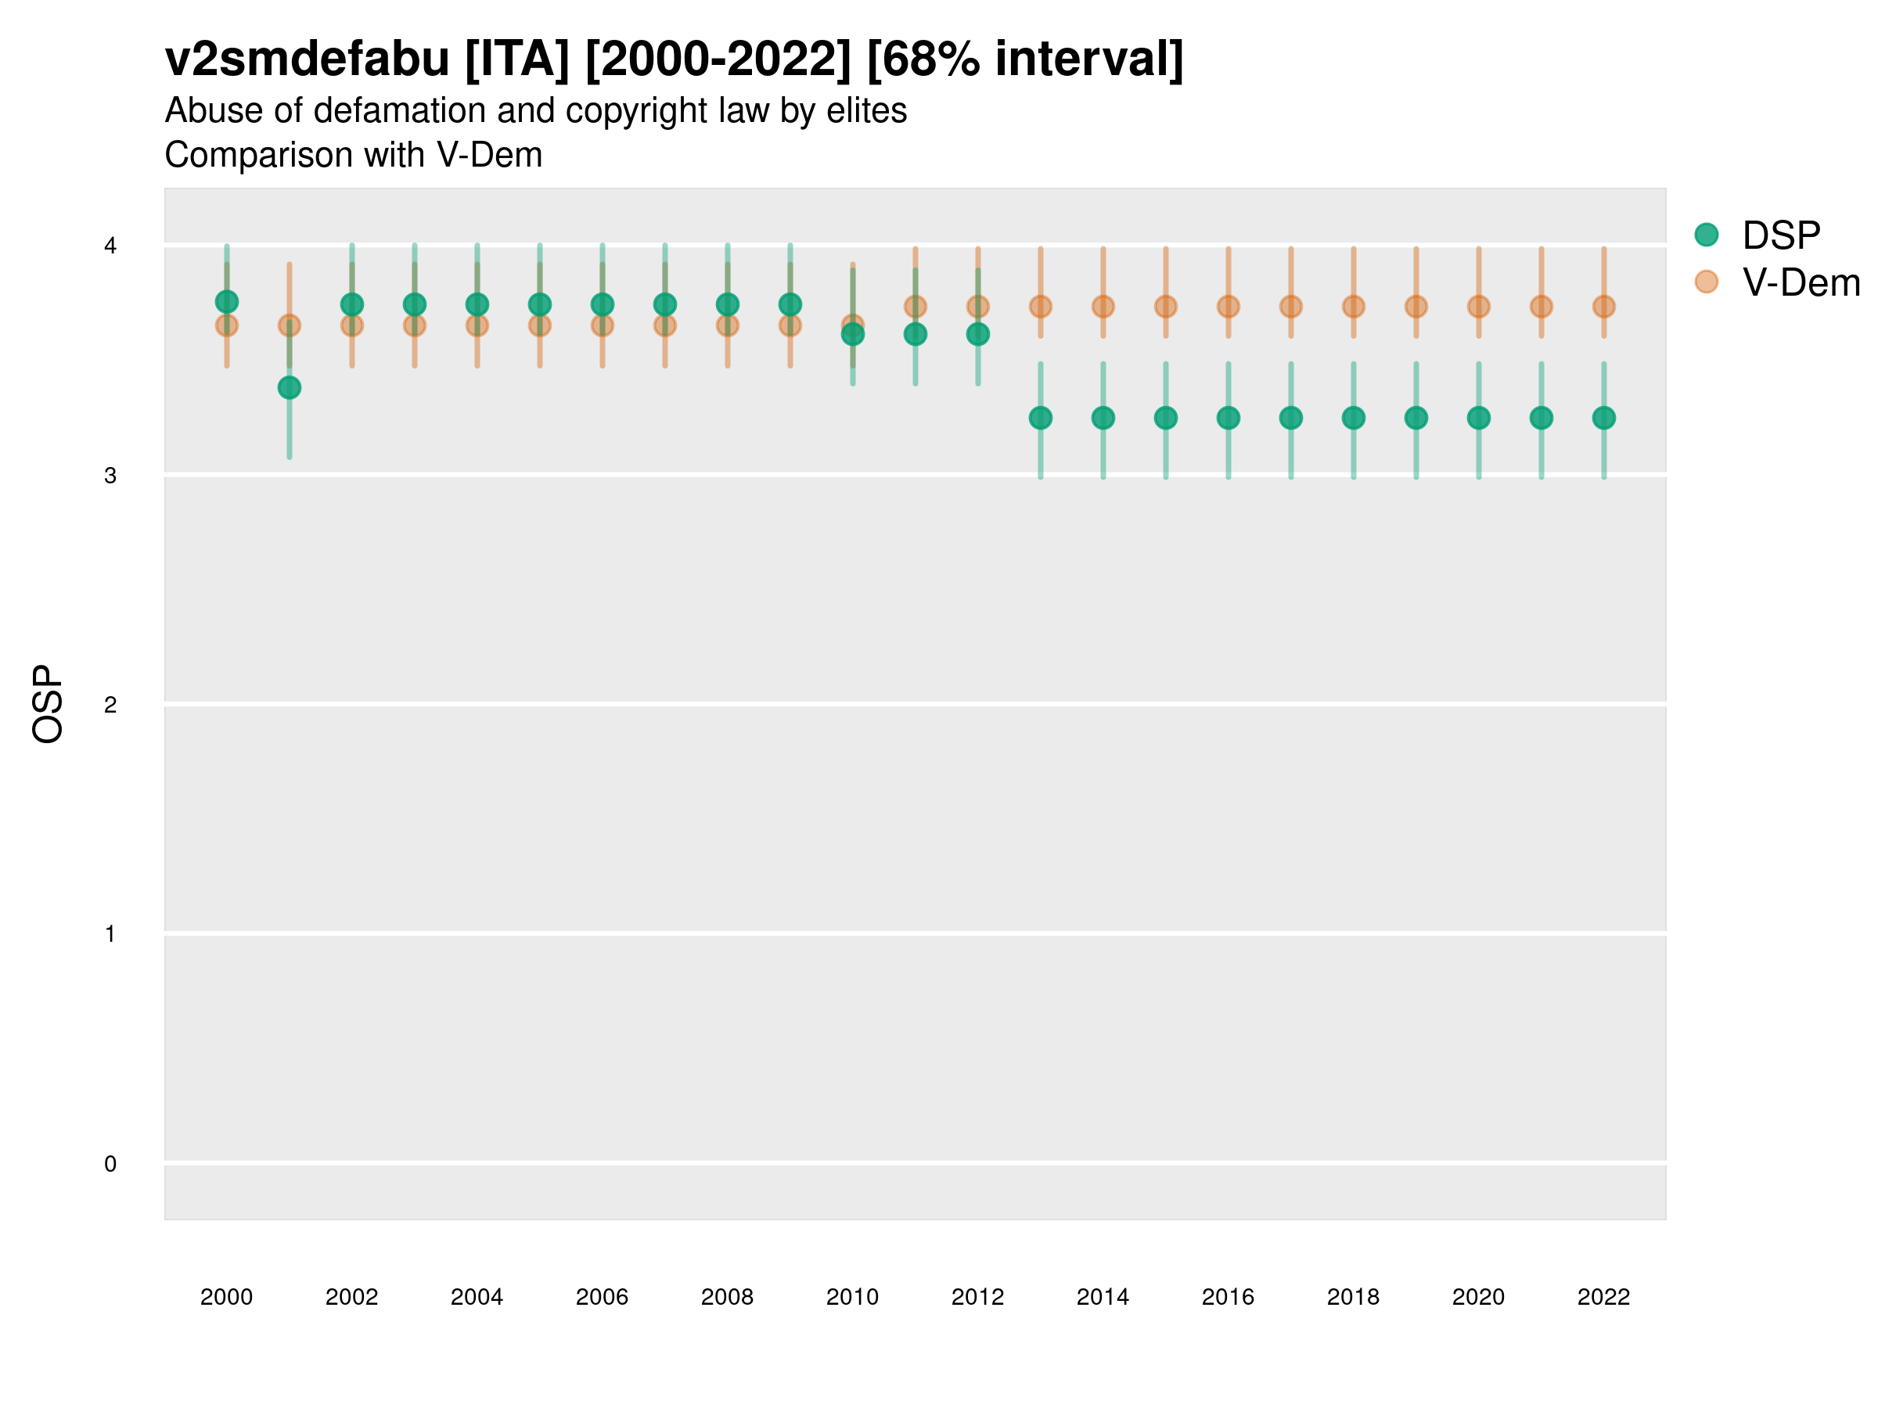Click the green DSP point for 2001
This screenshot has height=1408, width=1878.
(290, 388)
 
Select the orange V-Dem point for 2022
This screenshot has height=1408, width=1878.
(1604, 307)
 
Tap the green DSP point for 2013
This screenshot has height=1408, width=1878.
(1040, 418)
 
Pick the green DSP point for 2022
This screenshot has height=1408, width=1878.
(1604, 418)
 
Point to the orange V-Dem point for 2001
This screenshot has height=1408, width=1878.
(290, 325)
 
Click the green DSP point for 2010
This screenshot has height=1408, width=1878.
(852, 334)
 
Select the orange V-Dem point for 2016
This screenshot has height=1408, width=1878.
(1228, 307)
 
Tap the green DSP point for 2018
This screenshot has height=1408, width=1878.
(1353, 418)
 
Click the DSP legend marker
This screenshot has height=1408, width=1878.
(1706, 234)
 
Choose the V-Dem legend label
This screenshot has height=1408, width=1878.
(1801, 282)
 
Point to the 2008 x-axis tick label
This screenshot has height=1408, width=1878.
(727, 1297)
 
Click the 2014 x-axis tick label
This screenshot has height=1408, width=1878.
(1102, 1297)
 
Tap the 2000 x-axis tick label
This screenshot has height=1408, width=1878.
(226, 1297)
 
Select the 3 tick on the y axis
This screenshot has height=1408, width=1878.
(110, 476)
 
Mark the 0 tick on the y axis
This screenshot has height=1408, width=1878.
(110, 1164)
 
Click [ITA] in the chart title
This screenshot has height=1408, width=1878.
(516, 59)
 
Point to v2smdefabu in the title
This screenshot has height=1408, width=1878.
(307, 59)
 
